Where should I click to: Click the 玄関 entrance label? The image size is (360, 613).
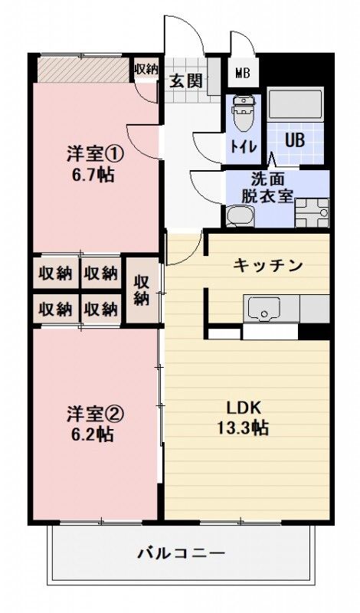click(x=185, y=80)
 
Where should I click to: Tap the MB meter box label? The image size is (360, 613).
click(x=242, y=74)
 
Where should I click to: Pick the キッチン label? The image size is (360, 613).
click(x=268, y=266)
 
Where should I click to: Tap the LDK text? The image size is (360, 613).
click(x=242, y=407)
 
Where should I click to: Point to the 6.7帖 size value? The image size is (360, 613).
click(x=90, y=175)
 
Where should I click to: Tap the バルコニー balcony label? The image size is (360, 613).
click(x=181, y=552)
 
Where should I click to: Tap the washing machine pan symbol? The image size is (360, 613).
click(x=313, y=211)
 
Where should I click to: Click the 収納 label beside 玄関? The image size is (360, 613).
click(x=146, y=69)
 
